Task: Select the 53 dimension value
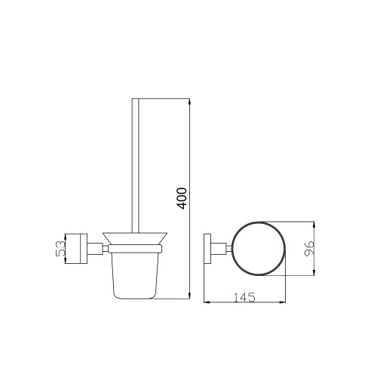point(60,248)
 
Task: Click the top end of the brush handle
point(136,100)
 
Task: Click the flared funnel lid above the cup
point(136,240)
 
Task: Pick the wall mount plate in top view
point(208,248)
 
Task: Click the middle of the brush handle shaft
point(136,166)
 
